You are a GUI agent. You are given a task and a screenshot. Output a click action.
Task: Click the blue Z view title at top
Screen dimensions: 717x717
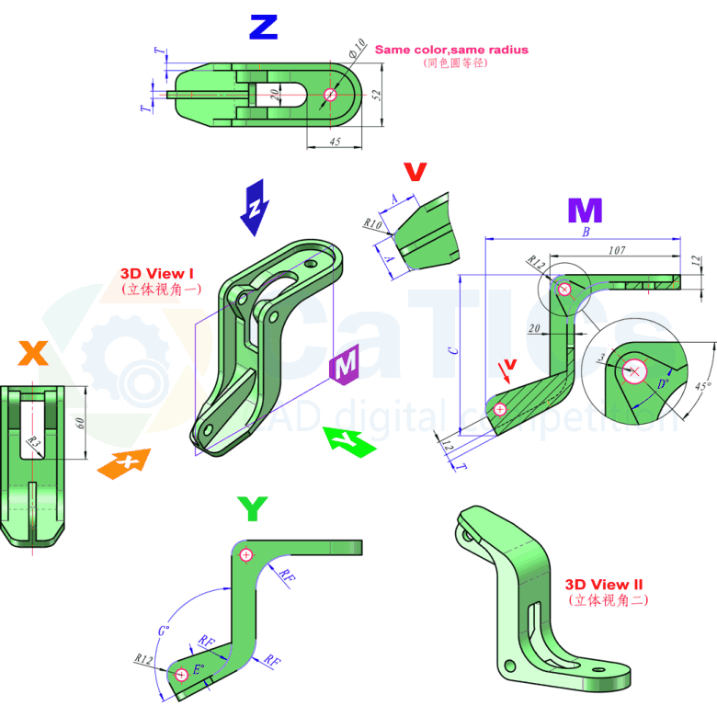(263, 28)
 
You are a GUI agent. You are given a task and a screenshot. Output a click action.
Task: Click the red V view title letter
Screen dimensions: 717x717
(415, 172)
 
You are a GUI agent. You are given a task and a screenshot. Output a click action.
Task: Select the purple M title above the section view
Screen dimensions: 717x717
(585, 211)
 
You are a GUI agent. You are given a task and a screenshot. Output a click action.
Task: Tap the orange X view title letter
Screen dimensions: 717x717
(33, 352)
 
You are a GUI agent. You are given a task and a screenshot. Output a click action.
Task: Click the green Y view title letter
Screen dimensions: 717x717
(253, 507)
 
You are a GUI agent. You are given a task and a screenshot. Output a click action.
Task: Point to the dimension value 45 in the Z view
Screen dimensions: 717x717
(334, 142)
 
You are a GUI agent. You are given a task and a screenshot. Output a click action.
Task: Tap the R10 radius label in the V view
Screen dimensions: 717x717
(371, 223)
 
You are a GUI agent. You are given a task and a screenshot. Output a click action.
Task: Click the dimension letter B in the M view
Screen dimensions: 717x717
(585, 233)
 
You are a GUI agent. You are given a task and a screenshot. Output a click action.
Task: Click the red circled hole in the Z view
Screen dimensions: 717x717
(331, 94)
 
